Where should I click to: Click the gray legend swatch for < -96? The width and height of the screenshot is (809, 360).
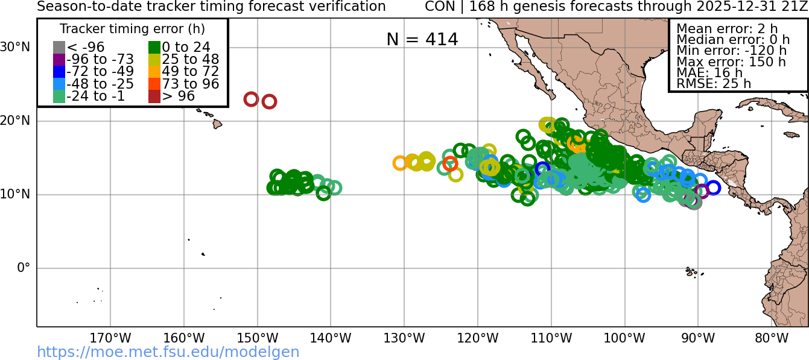(59, 47)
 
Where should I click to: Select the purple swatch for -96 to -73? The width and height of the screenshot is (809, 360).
(59, 59)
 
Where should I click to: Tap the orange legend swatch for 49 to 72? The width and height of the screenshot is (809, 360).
(154, 72)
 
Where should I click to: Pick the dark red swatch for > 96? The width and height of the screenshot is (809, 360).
(154, 96)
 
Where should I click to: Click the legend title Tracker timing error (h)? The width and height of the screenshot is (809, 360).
(132, 29)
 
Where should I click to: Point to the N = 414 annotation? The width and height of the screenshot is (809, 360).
(422, 39)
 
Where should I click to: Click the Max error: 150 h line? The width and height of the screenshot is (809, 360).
(731, 62)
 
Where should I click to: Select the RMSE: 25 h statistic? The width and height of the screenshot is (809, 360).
(714, 84)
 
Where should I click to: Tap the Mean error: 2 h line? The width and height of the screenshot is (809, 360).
(727, 28)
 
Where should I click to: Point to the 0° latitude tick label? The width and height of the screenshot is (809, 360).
(24, 268)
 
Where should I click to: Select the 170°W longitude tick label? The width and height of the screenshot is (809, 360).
(110, 338)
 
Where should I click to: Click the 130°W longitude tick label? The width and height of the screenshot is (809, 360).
(404, 338)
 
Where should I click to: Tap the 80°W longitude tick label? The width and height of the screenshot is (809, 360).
(772, 338)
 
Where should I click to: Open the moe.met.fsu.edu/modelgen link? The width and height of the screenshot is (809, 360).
(168, 352)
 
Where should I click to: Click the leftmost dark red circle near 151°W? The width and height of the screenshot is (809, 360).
(251, 99)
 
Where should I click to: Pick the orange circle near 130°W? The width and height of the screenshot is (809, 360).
(400, 163)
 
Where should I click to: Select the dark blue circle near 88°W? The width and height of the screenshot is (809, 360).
(713, 188)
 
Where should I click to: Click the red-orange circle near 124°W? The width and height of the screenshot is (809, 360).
(450, 163)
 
